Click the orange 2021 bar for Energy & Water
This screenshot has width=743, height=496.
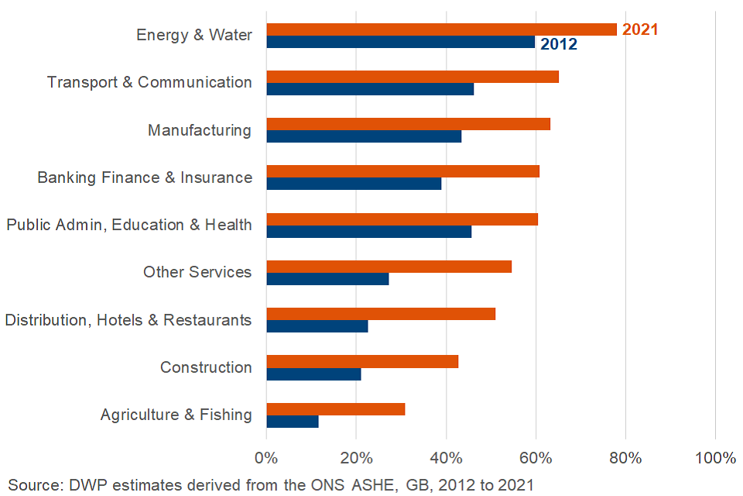[x=441, y=29]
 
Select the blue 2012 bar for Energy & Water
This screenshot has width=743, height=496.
[x=400, y=42]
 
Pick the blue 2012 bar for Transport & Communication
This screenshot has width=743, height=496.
[x=370, y=89]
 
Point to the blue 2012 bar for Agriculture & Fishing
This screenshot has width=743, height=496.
[x=293, y=422]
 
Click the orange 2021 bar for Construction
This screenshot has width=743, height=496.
[x=362, y=361]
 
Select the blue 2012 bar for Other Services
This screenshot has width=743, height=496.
[x=327, y=279]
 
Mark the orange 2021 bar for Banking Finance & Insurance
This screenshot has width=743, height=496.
[x=402, y=171]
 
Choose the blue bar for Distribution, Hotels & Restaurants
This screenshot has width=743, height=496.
[x=317, y=326]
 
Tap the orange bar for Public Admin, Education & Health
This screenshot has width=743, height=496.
[x=402, y=219]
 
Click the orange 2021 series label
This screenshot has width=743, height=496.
[x=640, y=29]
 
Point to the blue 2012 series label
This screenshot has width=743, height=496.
[x=559, y=44]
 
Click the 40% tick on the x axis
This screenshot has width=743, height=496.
[x=446, y=458]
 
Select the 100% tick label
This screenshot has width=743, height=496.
[x=715, y=458]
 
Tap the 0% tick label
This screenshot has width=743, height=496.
[x=266, y=458]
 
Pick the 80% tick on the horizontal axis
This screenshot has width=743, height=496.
[x=625, y=458]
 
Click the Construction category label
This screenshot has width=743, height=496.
[x=206, y=367]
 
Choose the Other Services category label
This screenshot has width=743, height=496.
[x=197, y=272]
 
